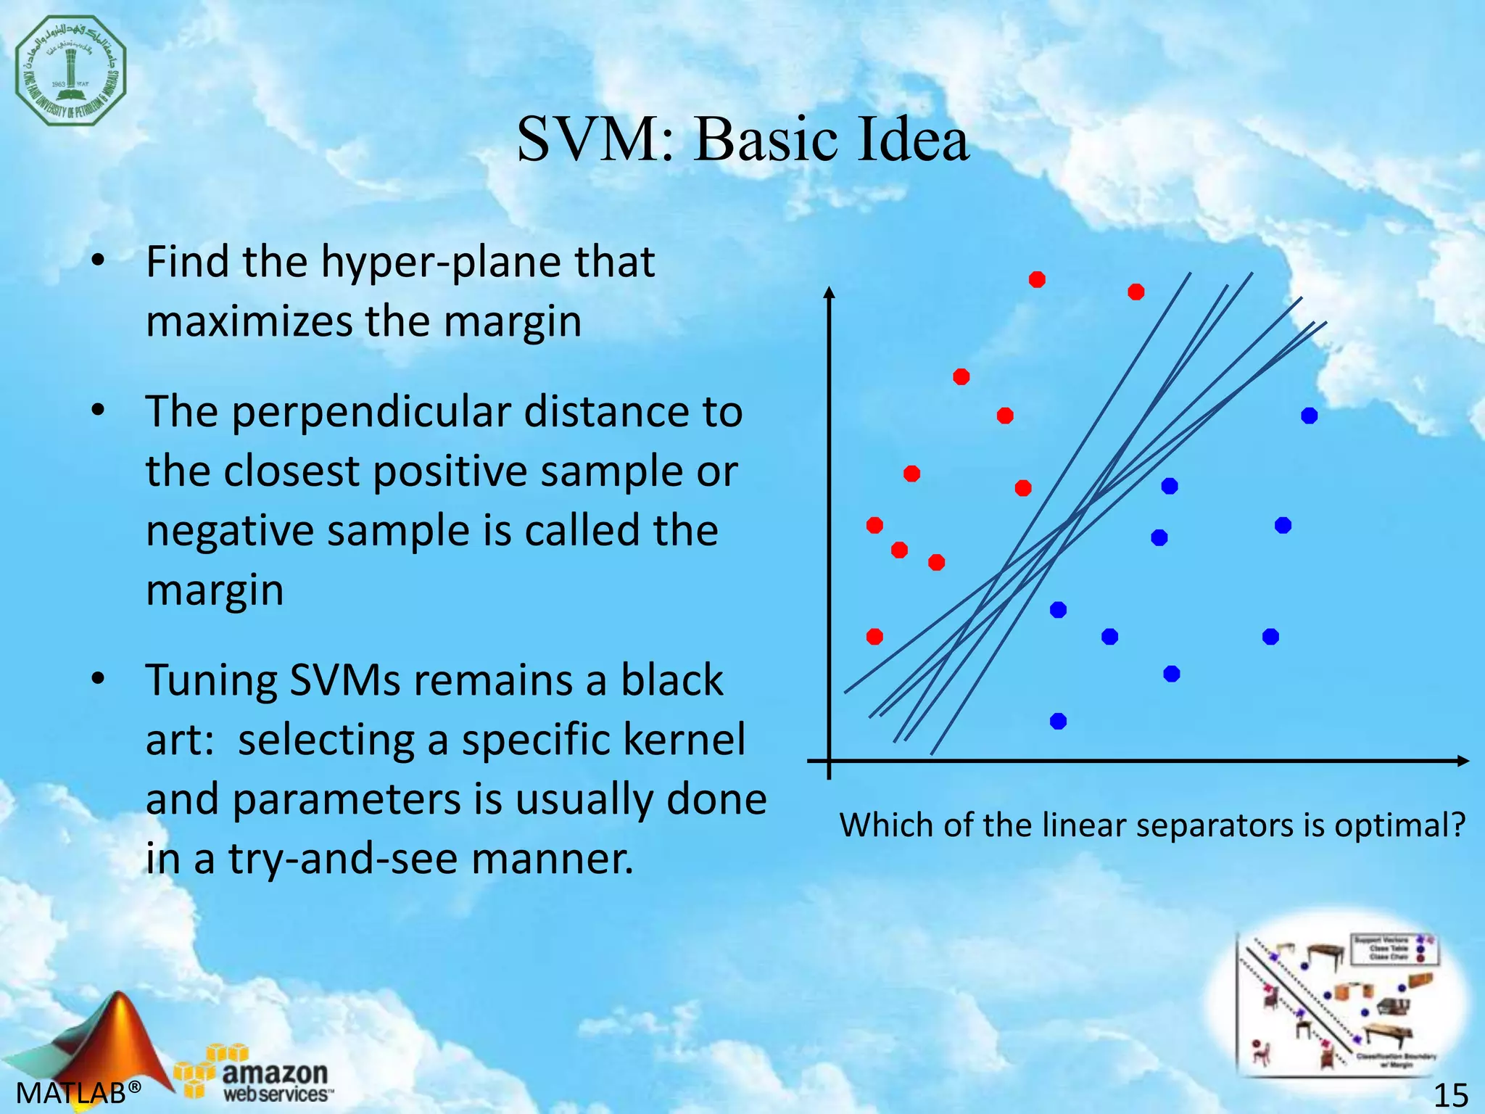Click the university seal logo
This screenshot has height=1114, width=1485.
point(71,71)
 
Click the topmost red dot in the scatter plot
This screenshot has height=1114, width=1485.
point(1037,280)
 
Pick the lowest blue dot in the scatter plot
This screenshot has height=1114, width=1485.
point(1058,721)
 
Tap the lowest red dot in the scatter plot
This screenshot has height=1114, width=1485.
point(874,637)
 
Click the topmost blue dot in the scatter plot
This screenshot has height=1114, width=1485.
point(1309,416)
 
